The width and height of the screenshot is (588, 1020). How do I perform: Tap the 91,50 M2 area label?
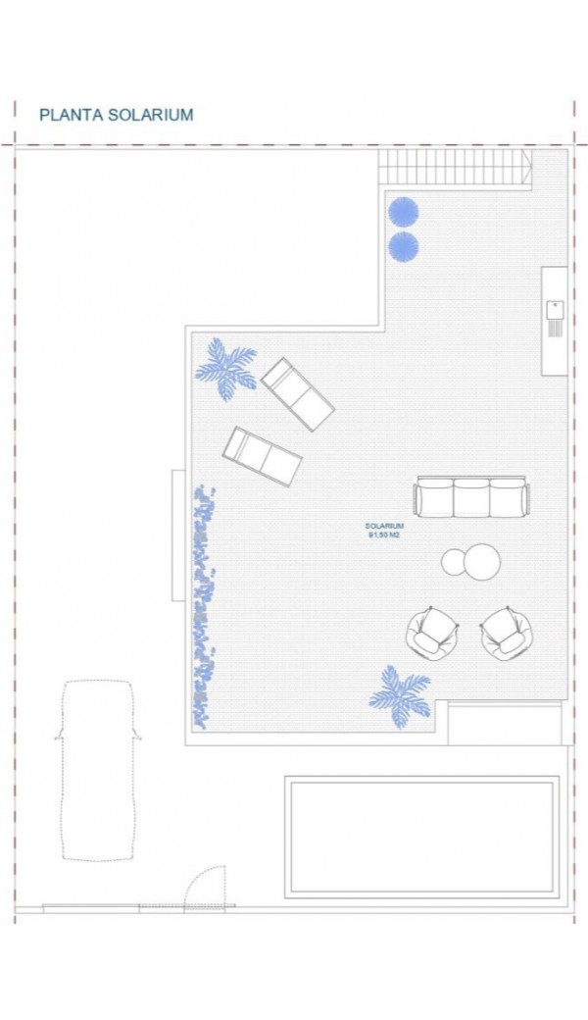pos(384,535)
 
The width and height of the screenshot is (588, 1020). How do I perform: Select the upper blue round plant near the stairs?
pos(403,212)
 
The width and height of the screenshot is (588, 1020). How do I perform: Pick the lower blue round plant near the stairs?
pos(403,247)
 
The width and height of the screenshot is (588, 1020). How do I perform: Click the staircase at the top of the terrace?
pos(455,167)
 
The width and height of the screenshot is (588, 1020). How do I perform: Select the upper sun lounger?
pos(298,393)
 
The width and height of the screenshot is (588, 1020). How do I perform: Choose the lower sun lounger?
pos(263,455)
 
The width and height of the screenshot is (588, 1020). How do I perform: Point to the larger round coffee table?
pos(479,561)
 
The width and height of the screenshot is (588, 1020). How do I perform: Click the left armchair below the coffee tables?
pos(432,633)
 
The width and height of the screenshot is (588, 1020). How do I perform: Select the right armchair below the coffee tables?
pos(507,633)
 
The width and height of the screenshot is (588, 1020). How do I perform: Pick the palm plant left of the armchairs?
pos(401,697)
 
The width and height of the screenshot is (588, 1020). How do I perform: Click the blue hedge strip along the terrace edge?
pos(204,607)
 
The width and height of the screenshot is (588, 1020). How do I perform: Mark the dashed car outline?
pos(98,770)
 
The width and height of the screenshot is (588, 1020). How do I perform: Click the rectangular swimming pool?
pos(422,838)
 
